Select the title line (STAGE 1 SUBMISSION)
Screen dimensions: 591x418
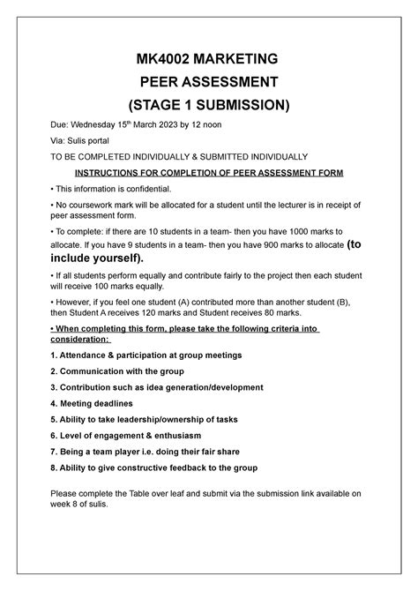(x=209, y=105)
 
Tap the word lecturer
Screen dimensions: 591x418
(x=308, y=205)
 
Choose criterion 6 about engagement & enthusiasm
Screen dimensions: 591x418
(x=139, y=434)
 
